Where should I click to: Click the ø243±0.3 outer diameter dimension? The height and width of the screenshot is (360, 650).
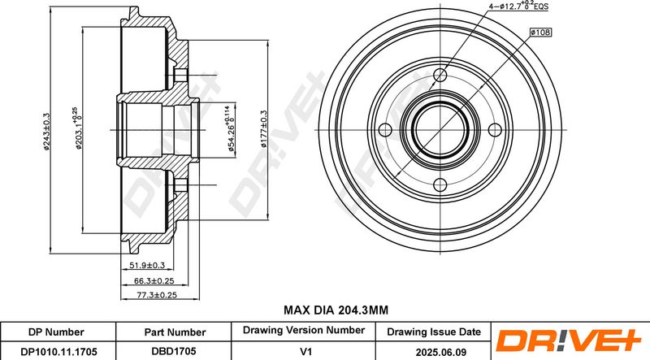tap(46, 131)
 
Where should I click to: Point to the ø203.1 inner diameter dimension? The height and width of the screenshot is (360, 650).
tap(77, 128)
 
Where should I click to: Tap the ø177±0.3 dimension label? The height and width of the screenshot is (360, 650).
tap(263, 129)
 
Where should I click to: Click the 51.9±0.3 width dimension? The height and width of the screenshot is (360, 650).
tap(147, 265)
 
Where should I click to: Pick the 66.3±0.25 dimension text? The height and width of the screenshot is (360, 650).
tap(154, 281)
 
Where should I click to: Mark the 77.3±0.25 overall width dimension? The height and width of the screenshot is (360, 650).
tap(157, 295)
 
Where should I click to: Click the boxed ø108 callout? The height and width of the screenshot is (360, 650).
tap(540, 32)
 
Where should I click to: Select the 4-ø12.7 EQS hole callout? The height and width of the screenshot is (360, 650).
tap(518, 6)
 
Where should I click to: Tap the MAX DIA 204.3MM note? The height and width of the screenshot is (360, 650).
tap(336, 310)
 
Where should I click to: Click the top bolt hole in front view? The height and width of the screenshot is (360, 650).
tap(440, 75)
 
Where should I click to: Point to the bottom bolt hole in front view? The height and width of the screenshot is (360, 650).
tap(440, 184)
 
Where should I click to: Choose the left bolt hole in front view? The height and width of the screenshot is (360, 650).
tap(385, 130)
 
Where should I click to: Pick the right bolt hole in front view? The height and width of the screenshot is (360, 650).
tap(495, 130)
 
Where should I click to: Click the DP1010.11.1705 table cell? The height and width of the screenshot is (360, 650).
tap(58, 352)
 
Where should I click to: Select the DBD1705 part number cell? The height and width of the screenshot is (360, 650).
tap(173, 351)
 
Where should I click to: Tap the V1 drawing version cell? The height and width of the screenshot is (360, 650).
tap(305, 351)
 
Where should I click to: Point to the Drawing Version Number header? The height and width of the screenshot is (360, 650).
tap(303, 330)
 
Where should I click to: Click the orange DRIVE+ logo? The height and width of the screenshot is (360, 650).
tap(570, 340)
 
